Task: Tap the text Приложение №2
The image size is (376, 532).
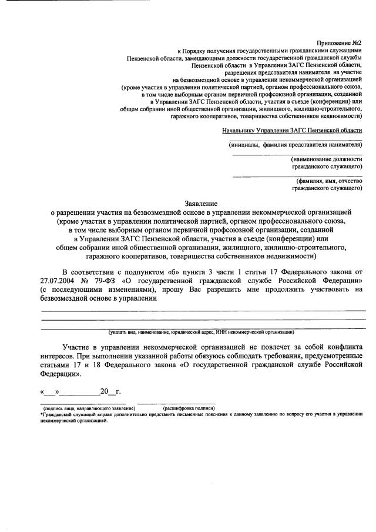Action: click(x=339, y=44)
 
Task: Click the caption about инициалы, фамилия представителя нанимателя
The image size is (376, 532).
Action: click(x=296, y=145)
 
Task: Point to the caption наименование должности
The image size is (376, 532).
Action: click(x=326, y=159)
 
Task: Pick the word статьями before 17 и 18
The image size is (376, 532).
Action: click(x=56, y=365)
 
